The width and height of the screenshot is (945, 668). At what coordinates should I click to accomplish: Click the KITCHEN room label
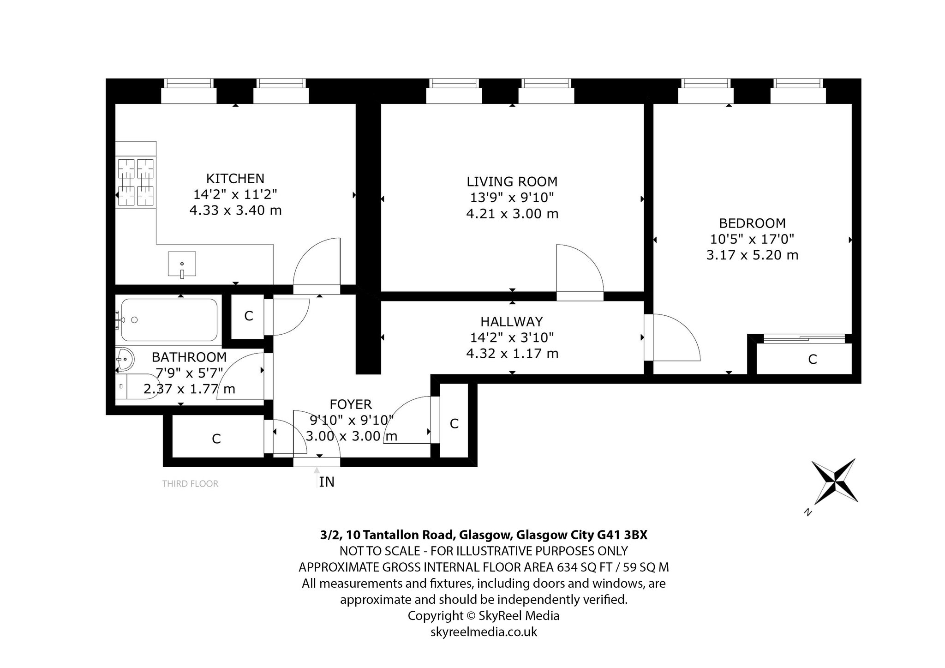(235, 178)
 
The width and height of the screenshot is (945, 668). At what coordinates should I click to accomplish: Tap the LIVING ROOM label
(512, 181)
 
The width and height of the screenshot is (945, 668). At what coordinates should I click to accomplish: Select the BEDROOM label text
(752, 223)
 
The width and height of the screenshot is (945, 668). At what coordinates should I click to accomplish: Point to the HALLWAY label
(512, 321)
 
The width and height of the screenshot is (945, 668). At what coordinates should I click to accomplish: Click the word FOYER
(351, 404)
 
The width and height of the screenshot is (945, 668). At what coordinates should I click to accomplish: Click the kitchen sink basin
(182, 265)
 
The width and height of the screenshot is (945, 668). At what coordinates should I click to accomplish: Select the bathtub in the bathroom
(169, 320)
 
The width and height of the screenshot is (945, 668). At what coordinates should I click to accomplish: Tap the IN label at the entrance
(327, 482)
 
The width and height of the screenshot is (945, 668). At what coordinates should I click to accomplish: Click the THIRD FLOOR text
(190, 484)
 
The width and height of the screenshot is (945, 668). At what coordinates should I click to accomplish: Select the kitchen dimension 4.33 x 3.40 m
(235, 211)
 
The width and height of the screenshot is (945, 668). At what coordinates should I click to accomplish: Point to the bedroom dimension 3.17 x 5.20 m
(752, 255)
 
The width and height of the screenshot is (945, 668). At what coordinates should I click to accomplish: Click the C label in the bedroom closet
(813, 359)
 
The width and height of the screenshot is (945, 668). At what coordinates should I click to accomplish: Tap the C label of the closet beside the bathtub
(249, 316)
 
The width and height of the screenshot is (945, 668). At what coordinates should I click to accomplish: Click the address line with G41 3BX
(484, 535)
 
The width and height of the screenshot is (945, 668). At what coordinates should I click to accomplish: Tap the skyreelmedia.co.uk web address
(484, 632)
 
